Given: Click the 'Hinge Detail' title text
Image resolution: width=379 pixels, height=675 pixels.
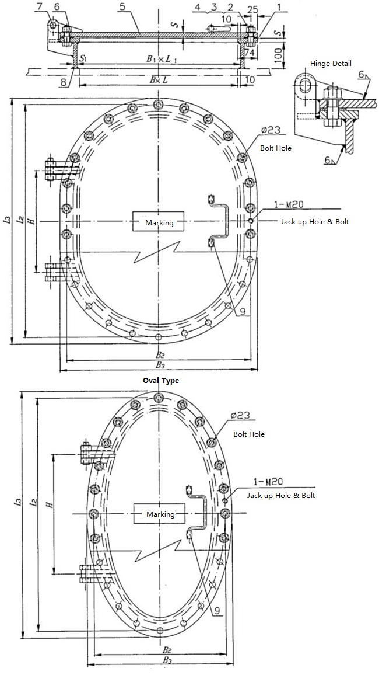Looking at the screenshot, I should pos(331,63).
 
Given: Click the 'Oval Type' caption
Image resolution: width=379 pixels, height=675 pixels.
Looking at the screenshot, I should pos(161,381).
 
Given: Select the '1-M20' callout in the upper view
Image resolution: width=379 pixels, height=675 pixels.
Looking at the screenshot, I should pos(286,205).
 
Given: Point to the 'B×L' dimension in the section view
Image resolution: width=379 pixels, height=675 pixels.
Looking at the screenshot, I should pos(157,79).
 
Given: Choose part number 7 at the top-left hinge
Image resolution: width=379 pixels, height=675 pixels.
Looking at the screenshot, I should pos(39,6).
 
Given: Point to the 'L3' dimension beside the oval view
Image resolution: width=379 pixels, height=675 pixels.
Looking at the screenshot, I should pos(18,502).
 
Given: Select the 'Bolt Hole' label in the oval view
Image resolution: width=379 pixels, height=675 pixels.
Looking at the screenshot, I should pos(249,434).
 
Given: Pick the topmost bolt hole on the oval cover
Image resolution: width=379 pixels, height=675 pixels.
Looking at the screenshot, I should pos(158,398).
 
